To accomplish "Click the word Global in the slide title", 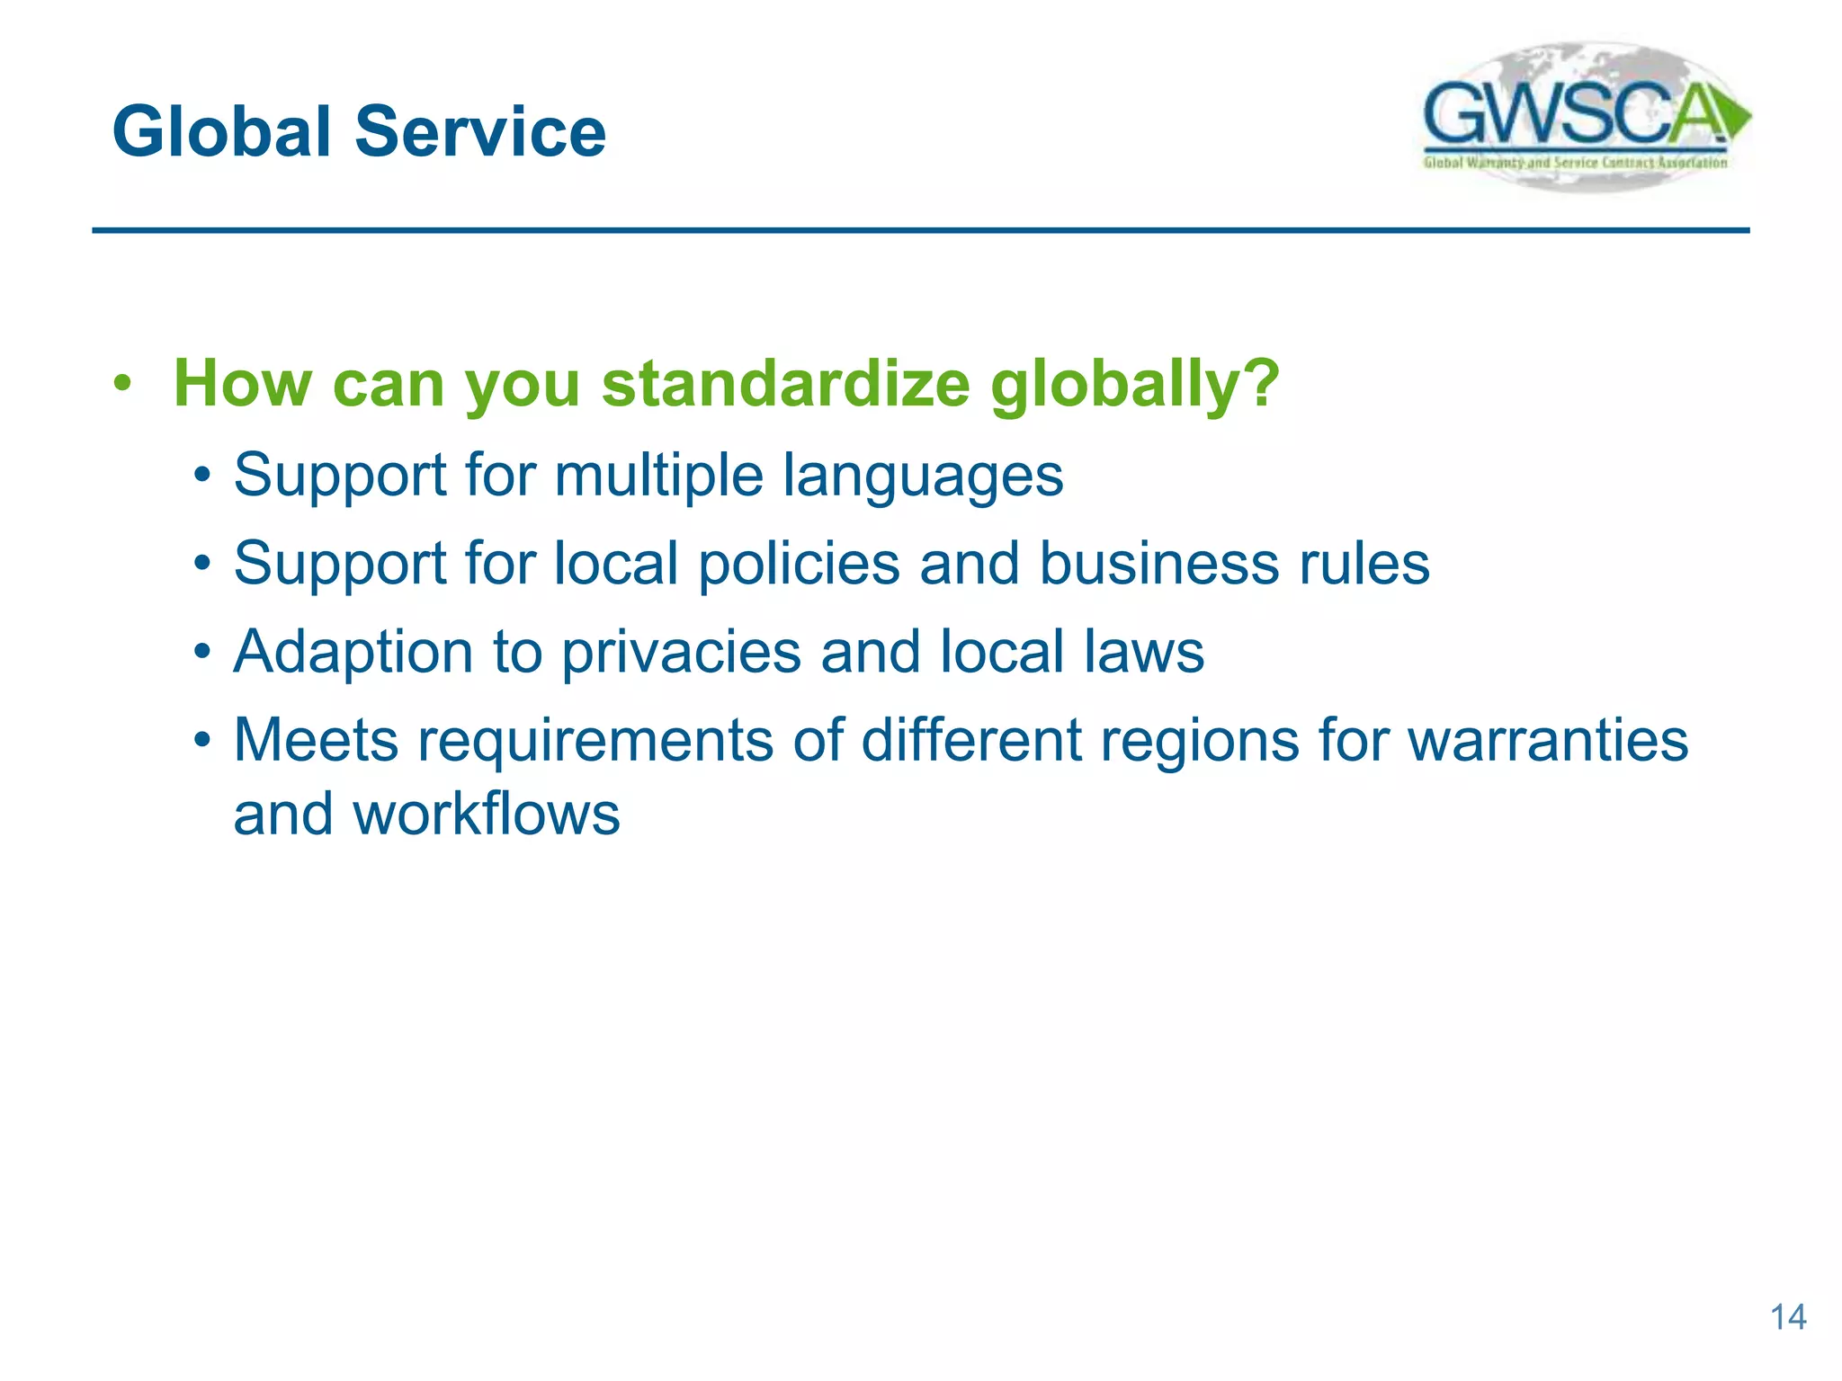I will click(x=221, y=132).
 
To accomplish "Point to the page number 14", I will click(x=1787, y=1317).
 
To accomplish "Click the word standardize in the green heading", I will click(x=785, y=384).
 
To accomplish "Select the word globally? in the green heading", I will click(x=1134, y=384).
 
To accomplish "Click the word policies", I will click(x=799, y=564).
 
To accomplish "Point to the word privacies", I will click(x=681, y=652).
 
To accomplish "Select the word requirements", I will click(x=595, y=742).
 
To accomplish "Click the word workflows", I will click(x=486, y=814).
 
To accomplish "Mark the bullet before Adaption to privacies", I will click(x=204, y=652).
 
